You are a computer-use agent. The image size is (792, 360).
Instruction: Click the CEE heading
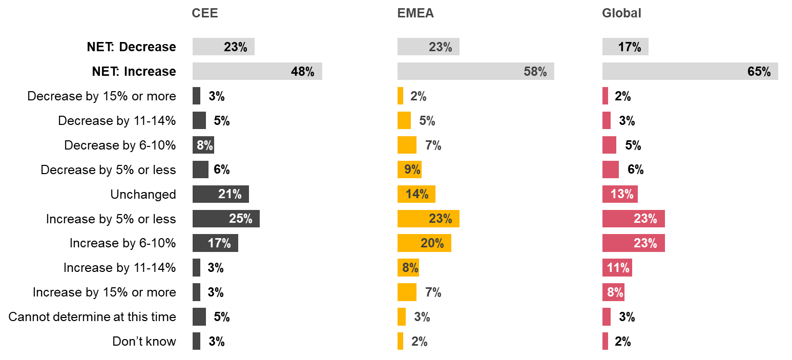pos(204,13)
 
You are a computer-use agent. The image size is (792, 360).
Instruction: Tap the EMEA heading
pos(415,13)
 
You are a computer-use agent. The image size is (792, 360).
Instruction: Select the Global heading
pos(621,13)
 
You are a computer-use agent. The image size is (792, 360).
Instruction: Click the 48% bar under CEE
pos(257,71)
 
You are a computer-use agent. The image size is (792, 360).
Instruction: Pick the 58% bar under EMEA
pos(475,71)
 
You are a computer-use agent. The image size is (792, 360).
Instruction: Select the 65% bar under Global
pos(690,71)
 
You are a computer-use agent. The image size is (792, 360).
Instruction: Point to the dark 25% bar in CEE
pos(226,219)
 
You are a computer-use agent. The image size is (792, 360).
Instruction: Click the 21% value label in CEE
pos(230,194)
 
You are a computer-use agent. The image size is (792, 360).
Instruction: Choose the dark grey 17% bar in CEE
pos(215,243)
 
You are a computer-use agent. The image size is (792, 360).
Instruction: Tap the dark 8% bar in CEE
pos(203,145)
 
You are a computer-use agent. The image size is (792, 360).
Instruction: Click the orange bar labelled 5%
pos(404,120)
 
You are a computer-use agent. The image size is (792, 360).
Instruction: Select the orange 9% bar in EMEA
pos(409,170)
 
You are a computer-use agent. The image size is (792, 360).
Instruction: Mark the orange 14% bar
pos(416,194)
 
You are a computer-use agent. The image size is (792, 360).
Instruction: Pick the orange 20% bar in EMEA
pos(424,243)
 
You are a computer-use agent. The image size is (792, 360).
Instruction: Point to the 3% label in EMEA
pos(422,317)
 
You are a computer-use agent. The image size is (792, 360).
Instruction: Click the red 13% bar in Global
pos(620,194)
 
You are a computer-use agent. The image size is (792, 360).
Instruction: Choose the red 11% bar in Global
pos(617,268)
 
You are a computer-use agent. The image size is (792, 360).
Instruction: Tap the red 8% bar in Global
pos(613,292)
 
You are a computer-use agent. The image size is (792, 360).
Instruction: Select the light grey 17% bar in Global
pos(625,47)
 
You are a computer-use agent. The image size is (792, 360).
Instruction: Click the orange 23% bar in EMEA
pos(428,219)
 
